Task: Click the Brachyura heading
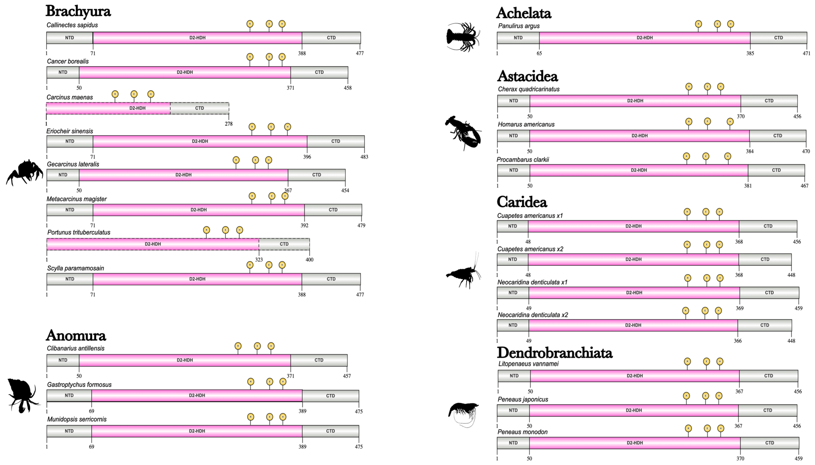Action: [x=78, y=11]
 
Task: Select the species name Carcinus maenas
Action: [x=70, y=97]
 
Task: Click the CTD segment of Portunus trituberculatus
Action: [x=284, y=244]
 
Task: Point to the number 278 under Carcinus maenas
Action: [x=229, y=124]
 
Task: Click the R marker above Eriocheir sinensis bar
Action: [x=252, y=127]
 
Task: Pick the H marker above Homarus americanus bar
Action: [x=730, y=122]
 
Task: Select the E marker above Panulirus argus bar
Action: [x=717, y=24]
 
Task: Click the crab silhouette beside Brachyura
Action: [x=25, y=172]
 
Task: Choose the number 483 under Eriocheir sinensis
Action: [x=364, y=157]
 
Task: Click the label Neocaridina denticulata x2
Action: [x=533, y=315]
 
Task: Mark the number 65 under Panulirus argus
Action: [x=539, y=53]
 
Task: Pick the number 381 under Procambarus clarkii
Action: [x=748, y=186]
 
